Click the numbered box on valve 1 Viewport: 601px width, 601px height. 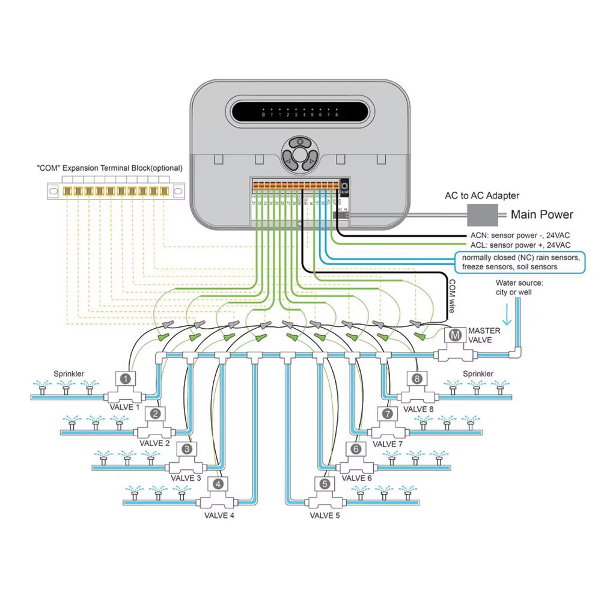pos(125,379)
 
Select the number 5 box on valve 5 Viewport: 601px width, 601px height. pos(325,484)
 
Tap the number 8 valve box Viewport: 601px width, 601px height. pos(416,379)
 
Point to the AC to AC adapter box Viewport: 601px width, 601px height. pos(485,214)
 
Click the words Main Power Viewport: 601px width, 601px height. pos(542,215)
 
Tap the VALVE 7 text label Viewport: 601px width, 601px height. pos(388,444)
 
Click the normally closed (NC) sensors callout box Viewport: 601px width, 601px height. pos(520,262)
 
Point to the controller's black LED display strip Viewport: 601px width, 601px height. pos(299,112)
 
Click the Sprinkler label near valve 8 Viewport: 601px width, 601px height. pos(478,374)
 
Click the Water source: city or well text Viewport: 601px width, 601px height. pos(519,287)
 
